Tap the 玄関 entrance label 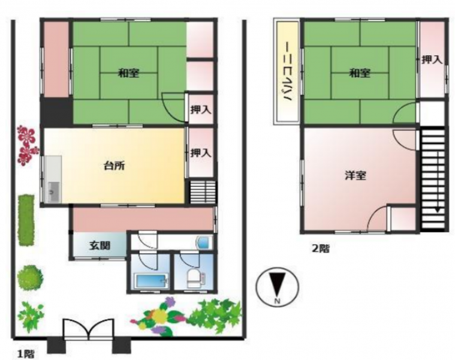tap(100, 245)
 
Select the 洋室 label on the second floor tap(355, 176)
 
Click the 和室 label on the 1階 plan tap(128, 73)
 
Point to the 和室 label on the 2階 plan tap(360, 73)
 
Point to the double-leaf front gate tap(89, 329)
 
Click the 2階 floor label tap(321, 248)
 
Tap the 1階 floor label tap(26, 354)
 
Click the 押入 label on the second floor tap(432, 60)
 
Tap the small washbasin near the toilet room tap(204, 242)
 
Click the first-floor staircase tap(203, 192)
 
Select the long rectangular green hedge tap(26, 220)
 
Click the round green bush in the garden tap(30, 277)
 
